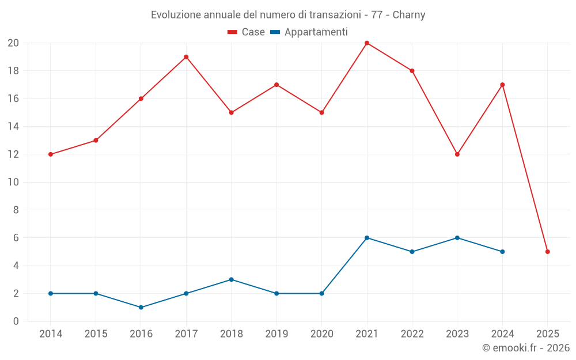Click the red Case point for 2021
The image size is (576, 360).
367,43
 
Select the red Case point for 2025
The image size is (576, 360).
547,252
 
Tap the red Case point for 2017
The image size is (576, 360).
186,57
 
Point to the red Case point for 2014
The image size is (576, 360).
51,154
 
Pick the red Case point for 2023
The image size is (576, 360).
457,154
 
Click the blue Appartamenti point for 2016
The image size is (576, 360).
141,307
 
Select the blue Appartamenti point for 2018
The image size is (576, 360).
231,279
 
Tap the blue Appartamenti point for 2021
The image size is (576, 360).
367,238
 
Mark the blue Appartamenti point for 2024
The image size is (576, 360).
502,252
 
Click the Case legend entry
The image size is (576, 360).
247,32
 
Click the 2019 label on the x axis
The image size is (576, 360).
276,334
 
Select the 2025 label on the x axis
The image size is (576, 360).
547,334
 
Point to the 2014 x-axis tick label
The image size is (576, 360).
51,334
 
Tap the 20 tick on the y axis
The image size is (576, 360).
13,43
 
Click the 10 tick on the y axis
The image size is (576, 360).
13,182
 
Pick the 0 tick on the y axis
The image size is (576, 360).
16,321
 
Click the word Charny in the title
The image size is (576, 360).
409,15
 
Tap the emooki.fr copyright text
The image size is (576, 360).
526,348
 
